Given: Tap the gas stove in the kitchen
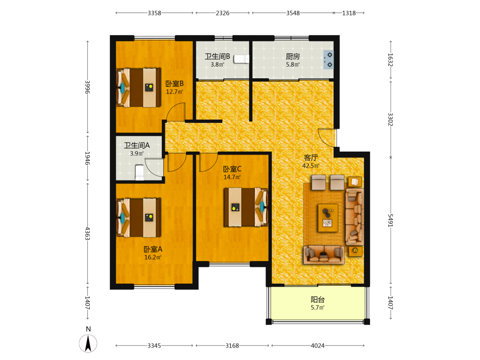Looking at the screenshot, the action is [x=329, y=60].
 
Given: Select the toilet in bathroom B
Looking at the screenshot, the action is [x=241, y=59].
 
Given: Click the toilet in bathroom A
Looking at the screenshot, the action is [x=140, y=173].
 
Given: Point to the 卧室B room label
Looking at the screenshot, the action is [x=175, y=84].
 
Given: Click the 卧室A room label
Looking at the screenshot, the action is [x=153, y=250].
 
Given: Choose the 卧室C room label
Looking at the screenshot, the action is [x=232, y=169].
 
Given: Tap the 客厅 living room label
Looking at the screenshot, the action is [x=311, y=157].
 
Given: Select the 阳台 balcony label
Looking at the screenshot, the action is [x=318, y=300].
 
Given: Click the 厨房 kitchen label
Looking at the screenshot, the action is [x=293, y=57].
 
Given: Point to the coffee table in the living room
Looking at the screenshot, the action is [x=328, y=218].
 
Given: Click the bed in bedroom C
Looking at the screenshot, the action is [x=246, y=207].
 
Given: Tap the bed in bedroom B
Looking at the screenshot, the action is [x=139, y=87].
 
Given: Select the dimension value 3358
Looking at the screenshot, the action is [x=154, y=13].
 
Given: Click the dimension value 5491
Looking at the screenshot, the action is [x=390, y=220].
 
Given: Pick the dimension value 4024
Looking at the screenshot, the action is [x=318, y=346].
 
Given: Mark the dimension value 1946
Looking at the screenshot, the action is [x=87, y=158].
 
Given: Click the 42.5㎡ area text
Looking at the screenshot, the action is [x=311, y=166].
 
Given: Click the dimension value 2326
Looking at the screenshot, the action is [x=223, y=13].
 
